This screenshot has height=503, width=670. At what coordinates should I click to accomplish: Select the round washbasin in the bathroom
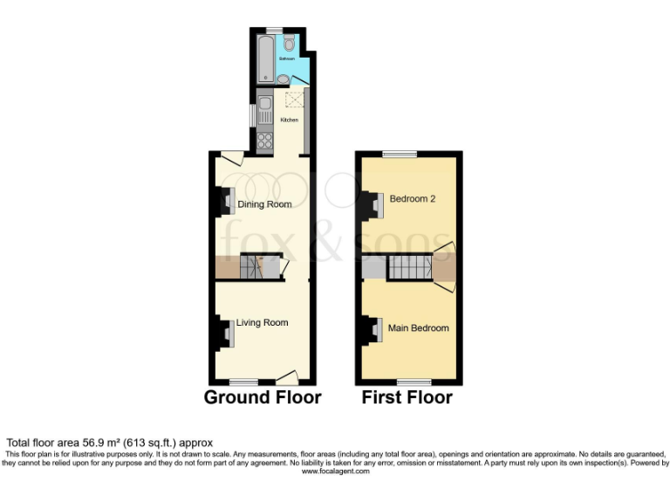[x=283, y=79]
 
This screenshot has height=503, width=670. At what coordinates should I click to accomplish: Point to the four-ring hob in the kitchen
[x=264, y=141]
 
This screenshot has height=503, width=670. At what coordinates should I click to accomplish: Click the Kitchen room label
[x=290, y=120]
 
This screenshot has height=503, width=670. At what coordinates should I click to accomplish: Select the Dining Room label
[x=264, y=205]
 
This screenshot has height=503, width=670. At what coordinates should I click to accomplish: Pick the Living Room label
[x=262, y=322]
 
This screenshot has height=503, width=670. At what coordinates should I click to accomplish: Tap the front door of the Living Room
[x=287, y=377]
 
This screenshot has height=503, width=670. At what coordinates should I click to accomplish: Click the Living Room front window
[x=244, y=382]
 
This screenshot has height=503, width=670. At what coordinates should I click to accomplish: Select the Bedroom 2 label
[x=413, y=198]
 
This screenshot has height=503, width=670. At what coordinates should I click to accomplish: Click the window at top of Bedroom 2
[x=399, y=154]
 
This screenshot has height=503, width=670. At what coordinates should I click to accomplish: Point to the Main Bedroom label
[x=420, y=328]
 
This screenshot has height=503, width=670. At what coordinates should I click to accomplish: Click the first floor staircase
[x=410, y=268]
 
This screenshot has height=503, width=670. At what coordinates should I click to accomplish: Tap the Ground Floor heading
[x=263, y=398]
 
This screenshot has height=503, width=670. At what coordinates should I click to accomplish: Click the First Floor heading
[x=407, y=398]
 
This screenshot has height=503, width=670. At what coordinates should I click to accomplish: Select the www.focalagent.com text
[x=335, y=472]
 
